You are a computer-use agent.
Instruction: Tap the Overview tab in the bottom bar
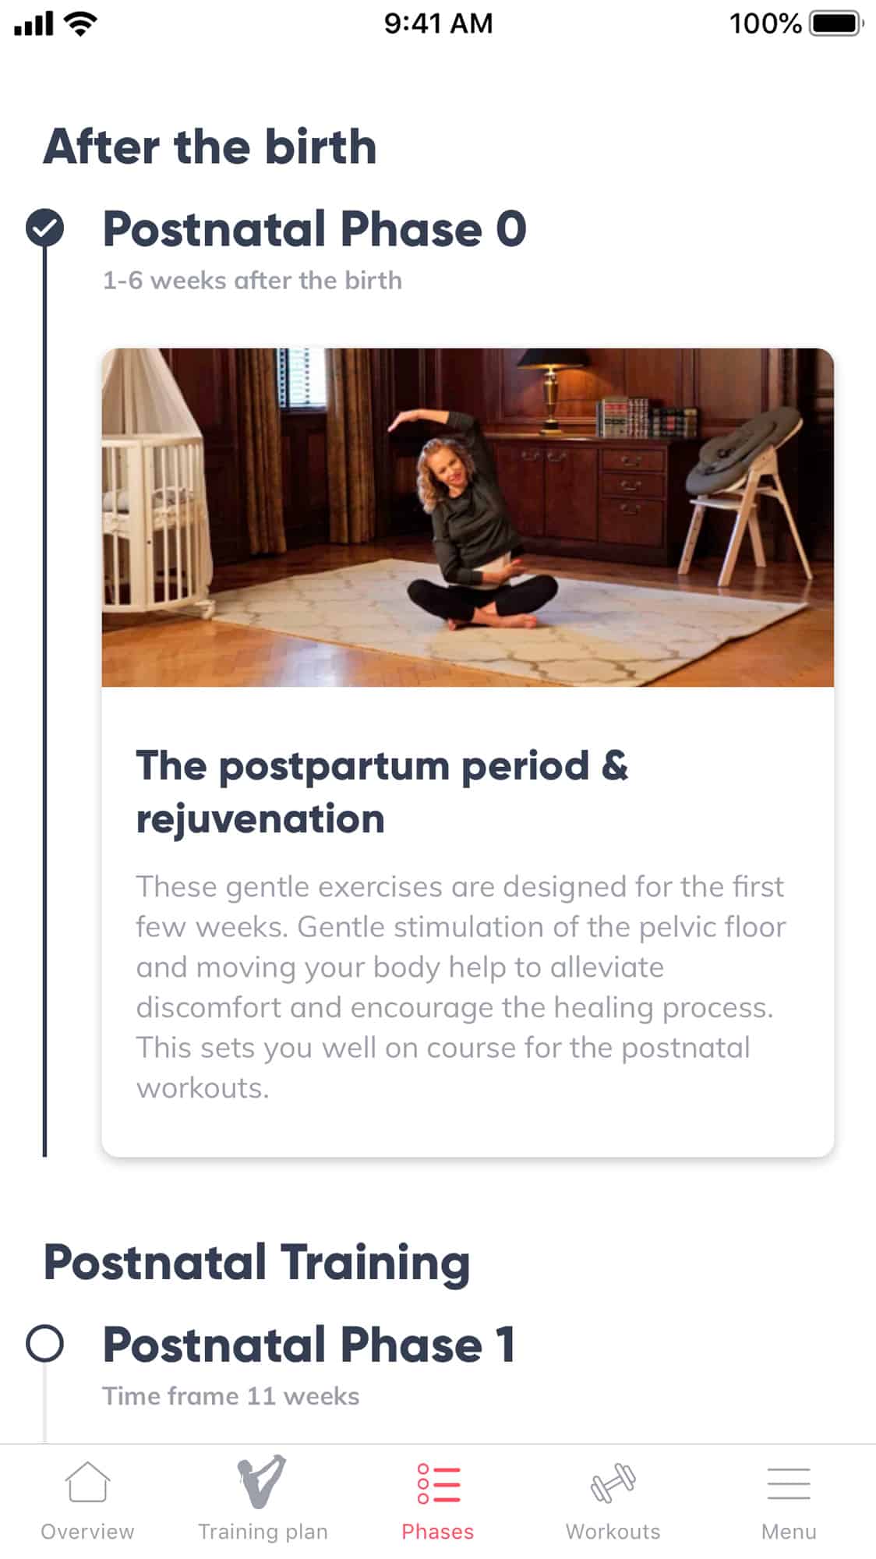tap(87, 1501)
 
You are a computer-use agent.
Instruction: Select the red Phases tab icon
tap(438, 1483)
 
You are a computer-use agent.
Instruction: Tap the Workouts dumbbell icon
tap(613, 1483)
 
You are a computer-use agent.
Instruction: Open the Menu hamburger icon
tap(789, 1483)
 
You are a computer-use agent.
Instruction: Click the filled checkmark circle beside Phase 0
tap(44, 228)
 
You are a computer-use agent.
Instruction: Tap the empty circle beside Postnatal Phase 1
tap(44, 1343)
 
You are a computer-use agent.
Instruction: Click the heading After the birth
tap(210, 147)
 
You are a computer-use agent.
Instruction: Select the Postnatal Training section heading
tap(256, 1263)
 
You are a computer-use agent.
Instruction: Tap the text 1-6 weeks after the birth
tap(253, 280)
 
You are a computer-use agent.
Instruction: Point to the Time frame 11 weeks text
tap(231, 1395)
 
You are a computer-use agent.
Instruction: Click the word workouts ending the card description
tap(203, 1088)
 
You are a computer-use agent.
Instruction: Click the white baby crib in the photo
tap(156, 483)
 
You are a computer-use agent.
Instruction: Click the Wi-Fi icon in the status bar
tap(80, 23)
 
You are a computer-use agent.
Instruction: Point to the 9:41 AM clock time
tap(438, 23)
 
